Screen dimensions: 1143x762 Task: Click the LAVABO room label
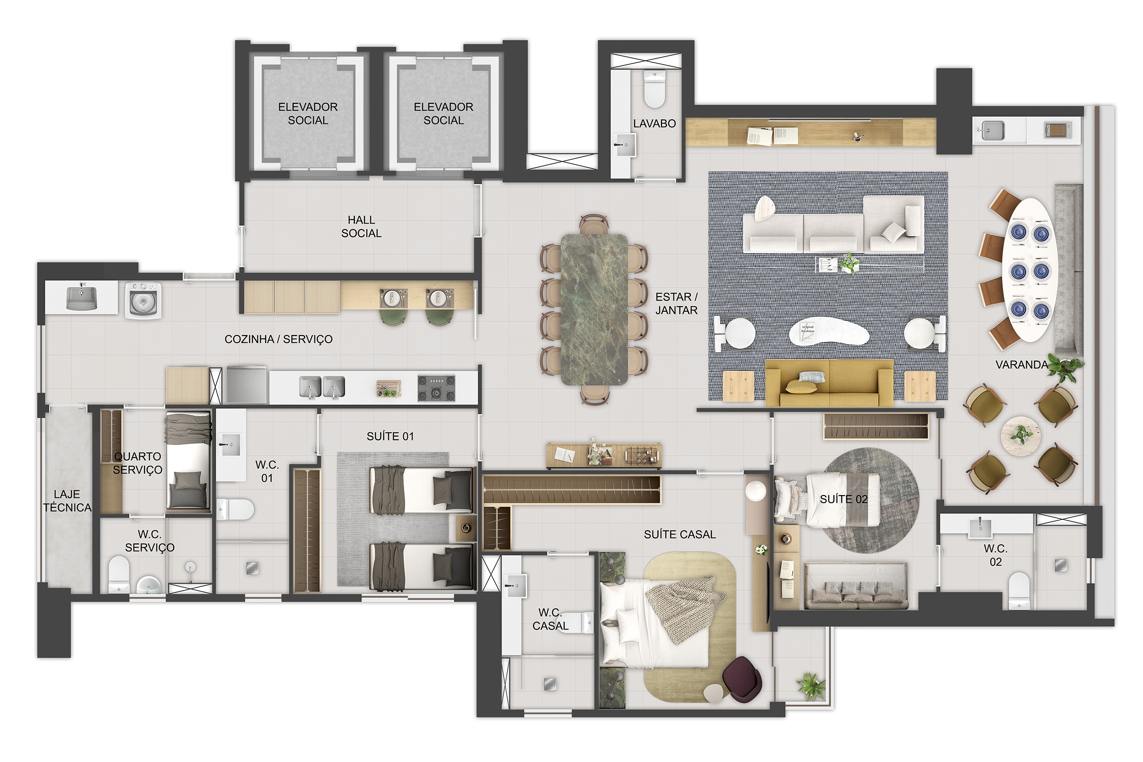[x=654, y=123]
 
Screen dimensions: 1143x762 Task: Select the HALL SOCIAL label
[x=361, y=226]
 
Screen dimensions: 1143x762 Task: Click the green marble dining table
[x=594, y=309]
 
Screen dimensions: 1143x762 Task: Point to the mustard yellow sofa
[x=829, y=383]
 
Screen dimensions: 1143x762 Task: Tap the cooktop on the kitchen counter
[x=437, y=388]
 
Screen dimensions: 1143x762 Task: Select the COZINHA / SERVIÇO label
[x=278, y=339]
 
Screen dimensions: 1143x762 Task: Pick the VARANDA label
[x=1021, y=364]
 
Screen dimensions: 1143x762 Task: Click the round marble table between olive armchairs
[x=1020, y=436]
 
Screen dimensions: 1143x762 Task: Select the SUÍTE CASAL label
[x=679, y=534]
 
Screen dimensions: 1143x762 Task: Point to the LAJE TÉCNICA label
[x=67, y=501]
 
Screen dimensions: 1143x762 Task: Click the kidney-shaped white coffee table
[x=828, y=332]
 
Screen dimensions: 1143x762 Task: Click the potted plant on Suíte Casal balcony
[x=811, y=686]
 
